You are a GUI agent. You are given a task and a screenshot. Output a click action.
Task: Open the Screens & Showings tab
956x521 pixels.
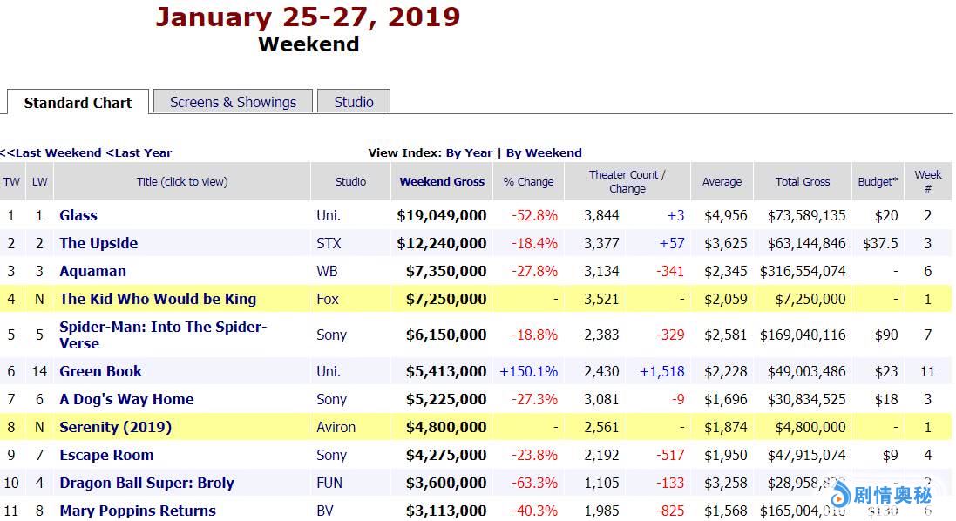click(x=233, y=102)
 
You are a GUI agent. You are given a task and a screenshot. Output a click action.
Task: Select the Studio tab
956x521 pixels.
click(x=354, y=102)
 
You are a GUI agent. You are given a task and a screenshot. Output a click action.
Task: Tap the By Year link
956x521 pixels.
click(x=469, y=152)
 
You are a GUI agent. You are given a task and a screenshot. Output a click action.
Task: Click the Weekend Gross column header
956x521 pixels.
click(x=442, y=182)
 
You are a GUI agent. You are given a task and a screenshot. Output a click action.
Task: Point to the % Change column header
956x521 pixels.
click(x=528, y=182)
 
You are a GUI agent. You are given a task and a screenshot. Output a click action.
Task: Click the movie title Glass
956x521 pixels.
click(x=78, y=215)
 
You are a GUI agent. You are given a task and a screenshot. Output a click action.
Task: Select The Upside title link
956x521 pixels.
click(x=98, y=243)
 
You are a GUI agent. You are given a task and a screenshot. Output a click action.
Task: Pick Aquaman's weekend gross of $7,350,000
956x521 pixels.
click(x=445, y=271)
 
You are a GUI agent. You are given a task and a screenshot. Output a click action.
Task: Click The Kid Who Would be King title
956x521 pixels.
click(x=158, y=299)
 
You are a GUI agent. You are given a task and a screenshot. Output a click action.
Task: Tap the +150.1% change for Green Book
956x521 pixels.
click(x=528, y=371)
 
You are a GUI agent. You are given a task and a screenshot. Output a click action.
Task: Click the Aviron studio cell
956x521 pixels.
click(x=336, y=427)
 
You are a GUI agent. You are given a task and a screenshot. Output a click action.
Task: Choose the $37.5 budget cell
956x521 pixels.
click(x=880, y=243)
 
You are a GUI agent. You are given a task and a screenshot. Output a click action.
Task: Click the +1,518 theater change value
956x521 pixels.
click(x=662, y=371)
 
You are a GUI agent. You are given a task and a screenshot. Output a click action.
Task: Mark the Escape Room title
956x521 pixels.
click(x=106, y=455)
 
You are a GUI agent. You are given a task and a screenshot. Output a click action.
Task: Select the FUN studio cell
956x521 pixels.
click(x=329, y=483)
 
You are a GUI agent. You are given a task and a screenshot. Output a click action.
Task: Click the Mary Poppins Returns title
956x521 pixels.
click(x=138, y=511)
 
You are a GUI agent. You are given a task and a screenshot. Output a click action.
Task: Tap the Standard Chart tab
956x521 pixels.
click(x=78, y=103)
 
